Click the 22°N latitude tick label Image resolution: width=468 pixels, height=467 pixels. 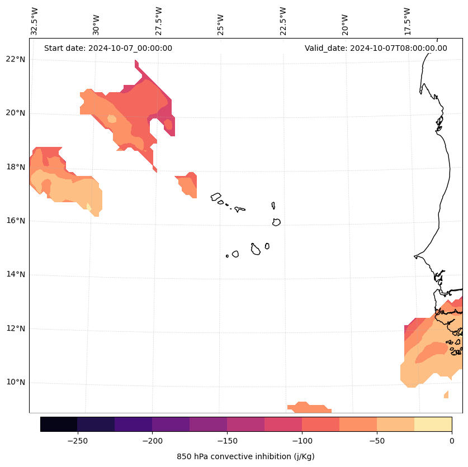[x=15, y=59]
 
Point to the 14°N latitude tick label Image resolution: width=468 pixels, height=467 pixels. [x=15, y=274]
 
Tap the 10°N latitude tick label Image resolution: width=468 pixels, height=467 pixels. [x=15, y=382]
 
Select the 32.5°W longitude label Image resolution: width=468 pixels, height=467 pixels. [x=35, y=21]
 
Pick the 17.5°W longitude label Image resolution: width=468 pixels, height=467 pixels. [x=408, y=21]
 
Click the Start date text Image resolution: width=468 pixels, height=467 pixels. [x=108, y=48]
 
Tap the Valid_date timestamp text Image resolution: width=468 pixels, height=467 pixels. [x=376, y=48]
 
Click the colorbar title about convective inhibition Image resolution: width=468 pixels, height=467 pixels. [x=245, y=456]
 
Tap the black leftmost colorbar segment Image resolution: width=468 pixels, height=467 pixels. [x=59, y=424]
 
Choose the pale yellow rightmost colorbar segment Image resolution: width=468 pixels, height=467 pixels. [x=433, y=424]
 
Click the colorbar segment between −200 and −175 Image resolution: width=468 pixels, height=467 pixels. [x=171, y=424]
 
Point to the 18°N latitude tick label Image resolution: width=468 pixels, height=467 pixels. [x=15, y=166]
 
